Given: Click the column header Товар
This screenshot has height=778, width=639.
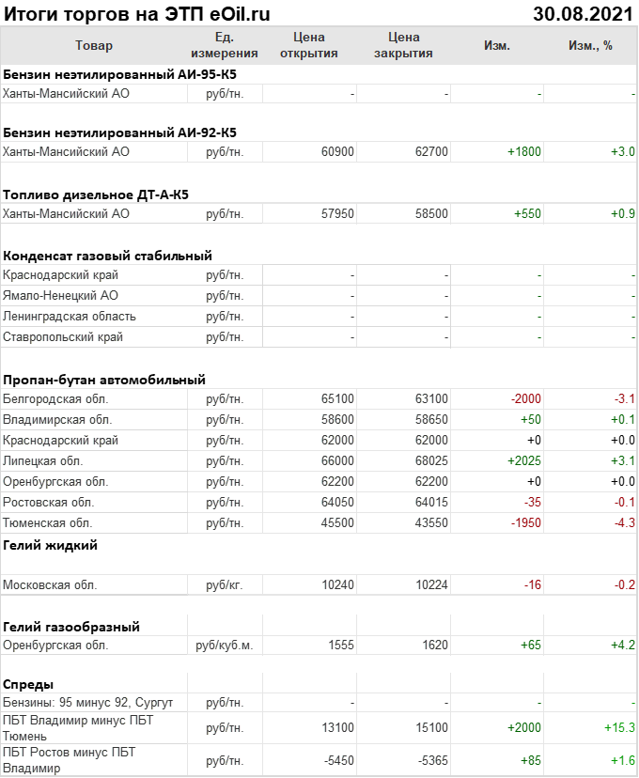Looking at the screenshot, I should tap(93, 45).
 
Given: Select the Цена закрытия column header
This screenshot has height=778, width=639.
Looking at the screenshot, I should tap(403, 45).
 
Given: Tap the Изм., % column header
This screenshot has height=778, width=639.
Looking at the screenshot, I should tap(590, 45).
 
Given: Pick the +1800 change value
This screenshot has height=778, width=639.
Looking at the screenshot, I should tap(524, 151).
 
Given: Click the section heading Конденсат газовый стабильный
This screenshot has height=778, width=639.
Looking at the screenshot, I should tap(107, 255).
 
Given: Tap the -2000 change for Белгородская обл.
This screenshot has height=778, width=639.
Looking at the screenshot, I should tap(526, 399).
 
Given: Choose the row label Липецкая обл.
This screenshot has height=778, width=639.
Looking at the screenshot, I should tap(43, 461).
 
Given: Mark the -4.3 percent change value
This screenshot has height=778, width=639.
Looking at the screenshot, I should tap(623, 522).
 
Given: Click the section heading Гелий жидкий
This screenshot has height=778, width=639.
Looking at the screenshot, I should tap(51, 544).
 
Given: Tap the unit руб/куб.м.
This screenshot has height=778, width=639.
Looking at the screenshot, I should tap(225, 646).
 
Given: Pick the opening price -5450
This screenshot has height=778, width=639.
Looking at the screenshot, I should tap(337, 760).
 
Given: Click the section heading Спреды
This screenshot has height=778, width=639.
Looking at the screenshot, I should tap(28, 683).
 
